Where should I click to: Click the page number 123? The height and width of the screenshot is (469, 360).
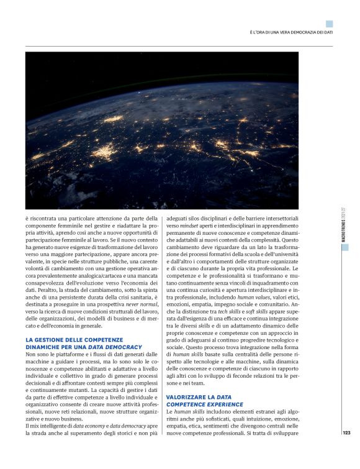pos(346,433)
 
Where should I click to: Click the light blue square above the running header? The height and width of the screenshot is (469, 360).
pos(329,24)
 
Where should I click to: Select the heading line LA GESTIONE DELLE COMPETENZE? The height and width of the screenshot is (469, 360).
pos(74,340)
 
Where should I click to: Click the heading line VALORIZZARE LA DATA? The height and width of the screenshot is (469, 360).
pos(199,396)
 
